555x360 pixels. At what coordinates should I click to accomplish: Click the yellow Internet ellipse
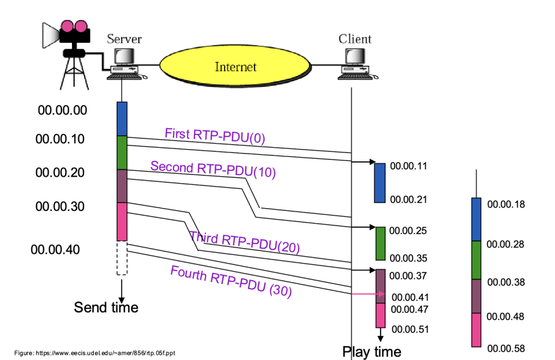coord(235,67)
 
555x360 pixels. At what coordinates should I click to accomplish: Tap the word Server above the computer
coord(124,39)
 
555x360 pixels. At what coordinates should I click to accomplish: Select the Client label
coord(355,39)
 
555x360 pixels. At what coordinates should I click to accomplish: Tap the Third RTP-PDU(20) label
coord(244,240)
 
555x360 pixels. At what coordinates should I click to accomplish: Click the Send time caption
coord(106,307)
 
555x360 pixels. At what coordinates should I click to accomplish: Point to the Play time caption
coord(372,352)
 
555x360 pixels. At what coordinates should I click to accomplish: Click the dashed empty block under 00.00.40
coord(122,258)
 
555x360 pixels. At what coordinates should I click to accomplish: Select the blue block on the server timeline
coord(122,119)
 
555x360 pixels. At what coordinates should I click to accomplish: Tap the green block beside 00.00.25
coord(380,244)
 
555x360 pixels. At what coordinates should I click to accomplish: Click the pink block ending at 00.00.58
coord(476,330)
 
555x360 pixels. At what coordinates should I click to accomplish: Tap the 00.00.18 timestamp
coord(505,204)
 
